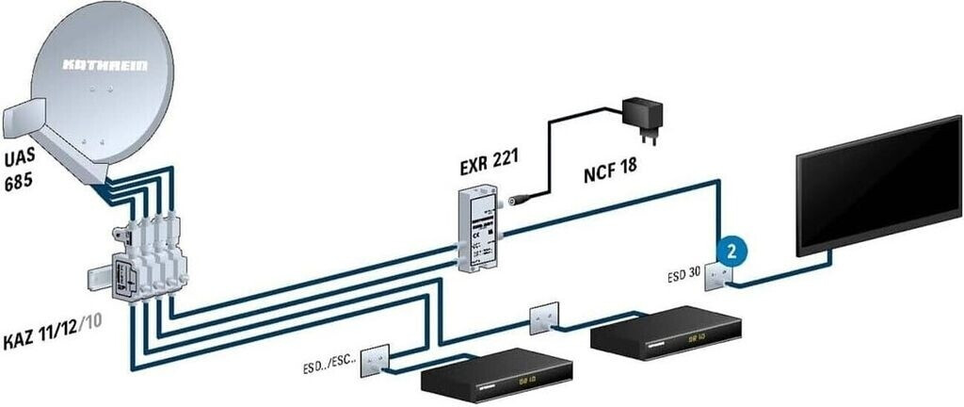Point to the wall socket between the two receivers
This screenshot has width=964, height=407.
[x=544, y=317]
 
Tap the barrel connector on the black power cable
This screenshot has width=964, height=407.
[x=517, y=200]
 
